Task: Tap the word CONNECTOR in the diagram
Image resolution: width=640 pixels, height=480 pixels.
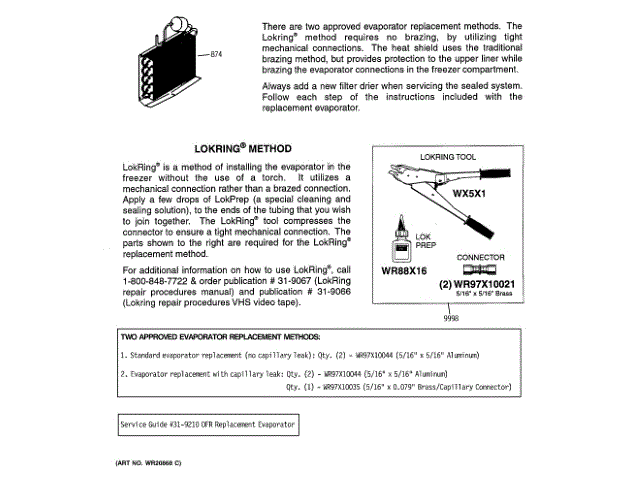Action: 480,257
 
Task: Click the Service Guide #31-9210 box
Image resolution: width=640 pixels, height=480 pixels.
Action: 206,425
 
